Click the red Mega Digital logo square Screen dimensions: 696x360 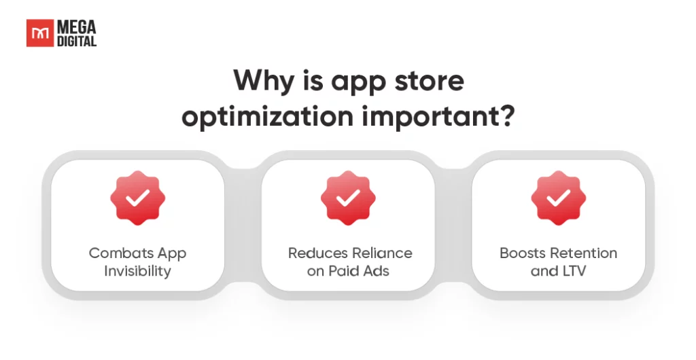[x=40, y=33]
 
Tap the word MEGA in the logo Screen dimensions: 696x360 [x=76, y=27]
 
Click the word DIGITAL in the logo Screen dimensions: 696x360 [x=76, y=41]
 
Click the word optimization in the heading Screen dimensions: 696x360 [x=268, y=117]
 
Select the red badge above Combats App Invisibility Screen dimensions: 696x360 [x=137, y=198]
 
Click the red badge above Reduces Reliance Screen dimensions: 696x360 [x=348, y=198]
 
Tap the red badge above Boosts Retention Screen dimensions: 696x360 [x=559, y=198]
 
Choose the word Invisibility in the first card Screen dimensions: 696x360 [x=137, y=271]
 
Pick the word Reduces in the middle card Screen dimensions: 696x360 [x=315, y=253]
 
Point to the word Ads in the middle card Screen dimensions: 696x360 [x=377, y=271]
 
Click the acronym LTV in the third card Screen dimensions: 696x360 [x=574, y=271]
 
